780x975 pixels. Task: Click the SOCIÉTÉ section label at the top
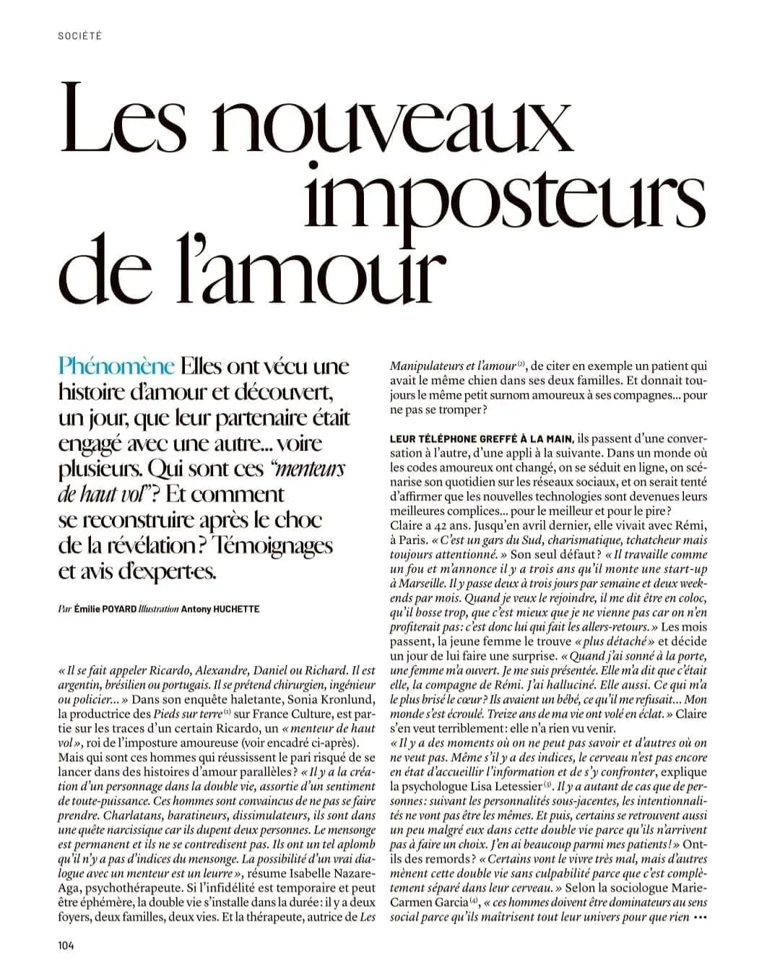pyautogui.click(x=79, y=36)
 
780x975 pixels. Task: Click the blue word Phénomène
pyautogui.click(x=116, y=365)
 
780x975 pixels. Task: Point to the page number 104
pyautogui.click(x=66, y=945)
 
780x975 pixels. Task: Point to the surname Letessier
pyautogui.click(x=516, y=786)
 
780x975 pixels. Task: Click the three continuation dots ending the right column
pyautogui.click(x=699, y=917)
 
